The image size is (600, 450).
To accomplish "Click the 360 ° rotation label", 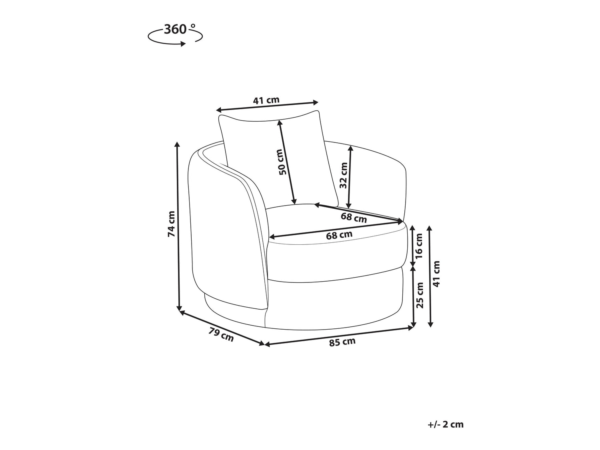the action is click(180, 30).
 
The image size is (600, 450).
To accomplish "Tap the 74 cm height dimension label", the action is click(171, 224).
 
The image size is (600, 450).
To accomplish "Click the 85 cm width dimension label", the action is click(342, 342).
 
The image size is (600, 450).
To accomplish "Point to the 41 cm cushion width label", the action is click(266, 100).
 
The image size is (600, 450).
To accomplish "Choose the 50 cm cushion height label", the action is click(283, 162).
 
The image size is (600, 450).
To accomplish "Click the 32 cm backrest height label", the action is click(343, 176).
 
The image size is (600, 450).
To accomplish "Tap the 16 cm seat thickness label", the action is click(419, 246).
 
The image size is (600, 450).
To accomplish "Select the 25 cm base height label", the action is click(419, 295).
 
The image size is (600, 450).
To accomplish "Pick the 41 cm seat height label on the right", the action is click(436, 274).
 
